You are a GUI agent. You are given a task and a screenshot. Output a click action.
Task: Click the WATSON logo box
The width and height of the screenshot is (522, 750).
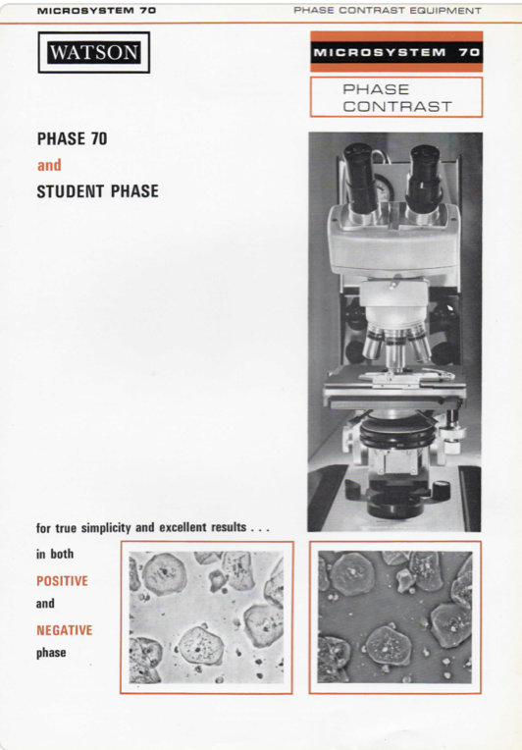[x=94, y=53]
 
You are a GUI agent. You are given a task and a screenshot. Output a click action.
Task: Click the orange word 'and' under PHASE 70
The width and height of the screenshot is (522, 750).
[x=49, y=165]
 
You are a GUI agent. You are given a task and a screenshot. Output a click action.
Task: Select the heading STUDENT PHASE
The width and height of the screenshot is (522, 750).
[x=97, y=191]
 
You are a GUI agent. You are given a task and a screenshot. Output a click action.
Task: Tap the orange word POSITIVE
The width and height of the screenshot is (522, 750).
[x=62, y=580]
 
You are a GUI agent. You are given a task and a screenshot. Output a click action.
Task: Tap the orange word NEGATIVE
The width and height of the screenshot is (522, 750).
[x=64, y=629]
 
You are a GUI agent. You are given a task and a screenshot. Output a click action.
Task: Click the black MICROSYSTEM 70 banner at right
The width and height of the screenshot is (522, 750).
[x=395, y=51]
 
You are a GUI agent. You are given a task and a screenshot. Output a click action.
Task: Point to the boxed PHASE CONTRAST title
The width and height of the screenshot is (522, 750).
[x=396, y=97]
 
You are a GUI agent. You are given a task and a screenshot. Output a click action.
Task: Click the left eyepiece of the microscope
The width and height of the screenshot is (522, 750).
[x=359, y=172]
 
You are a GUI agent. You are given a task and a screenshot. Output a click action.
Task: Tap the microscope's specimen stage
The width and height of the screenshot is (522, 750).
[x=392, y=393]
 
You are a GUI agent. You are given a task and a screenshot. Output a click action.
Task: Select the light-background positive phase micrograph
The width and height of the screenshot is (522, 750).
[x=206, y=617]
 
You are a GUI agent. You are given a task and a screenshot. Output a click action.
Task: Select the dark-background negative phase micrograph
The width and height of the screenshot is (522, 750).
[x=394, y=617]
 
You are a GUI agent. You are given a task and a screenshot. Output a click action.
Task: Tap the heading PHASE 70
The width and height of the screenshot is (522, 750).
[x=72, y=139]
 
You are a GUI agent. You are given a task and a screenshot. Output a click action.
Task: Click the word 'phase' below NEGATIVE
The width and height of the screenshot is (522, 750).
[x=51, y=653]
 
